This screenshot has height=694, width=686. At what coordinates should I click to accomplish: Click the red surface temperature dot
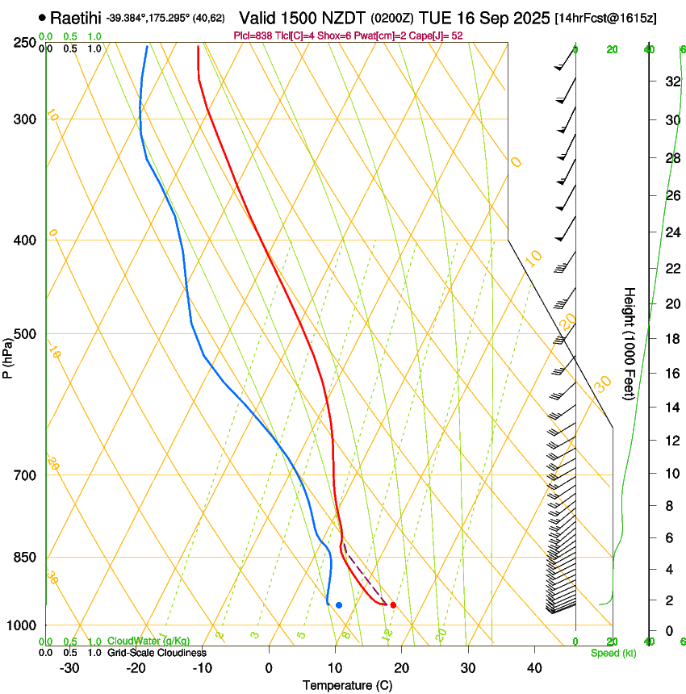point(393,604)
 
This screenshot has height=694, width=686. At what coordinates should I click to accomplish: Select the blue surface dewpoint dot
point(339,604)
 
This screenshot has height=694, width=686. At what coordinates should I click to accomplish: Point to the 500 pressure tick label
point(23,334)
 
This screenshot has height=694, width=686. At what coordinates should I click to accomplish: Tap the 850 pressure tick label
point(23,558)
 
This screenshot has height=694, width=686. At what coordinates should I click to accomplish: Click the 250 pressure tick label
point(23,43)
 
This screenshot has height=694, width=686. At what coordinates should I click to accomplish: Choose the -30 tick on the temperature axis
point(69,667)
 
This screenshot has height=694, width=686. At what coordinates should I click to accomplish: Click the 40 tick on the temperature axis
point(534,667)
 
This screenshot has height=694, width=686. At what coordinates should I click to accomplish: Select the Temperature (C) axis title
point(347,685)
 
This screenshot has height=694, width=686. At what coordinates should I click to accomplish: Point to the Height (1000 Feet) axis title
point(630,344)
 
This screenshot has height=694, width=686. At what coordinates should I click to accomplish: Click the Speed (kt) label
point(613,653)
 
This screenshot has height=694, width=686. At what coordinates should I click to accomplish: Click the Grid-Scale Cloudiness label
point(157,653)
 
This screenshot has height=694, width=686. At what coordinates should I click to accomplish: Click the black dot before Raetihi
point(42,17)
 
